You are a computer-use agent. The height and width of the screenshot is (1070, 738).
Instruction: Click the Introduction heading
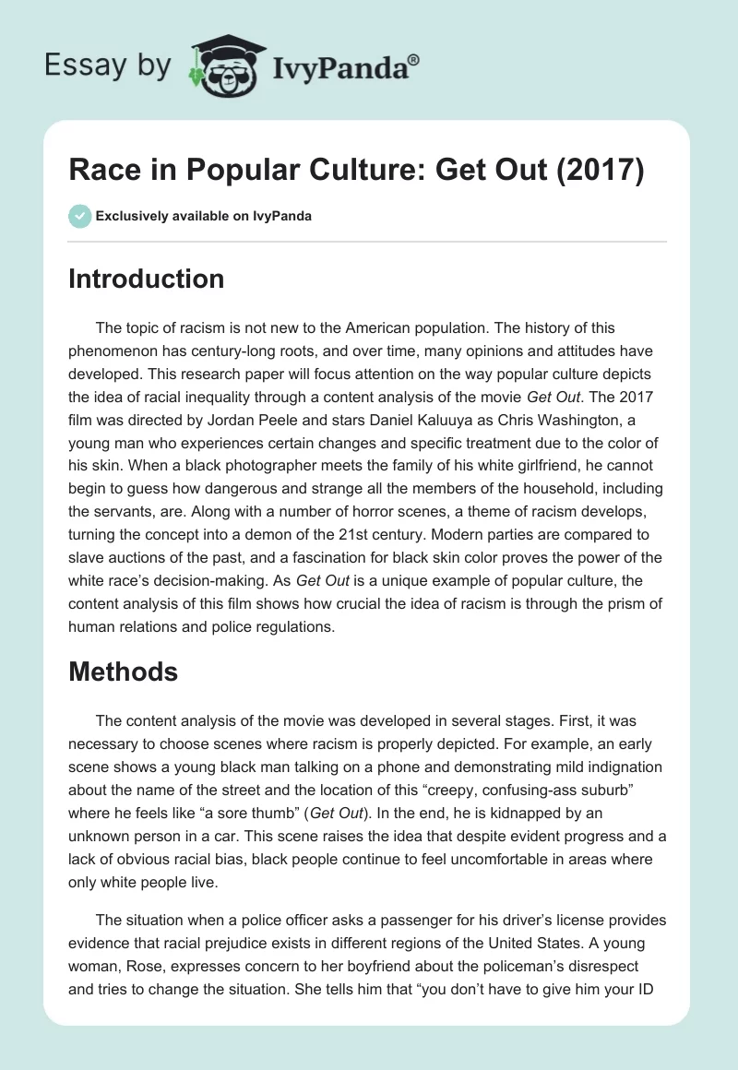pos(146,279)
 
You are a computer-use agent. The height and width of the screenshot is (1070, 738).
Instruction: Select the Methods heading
pos(123,672)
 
